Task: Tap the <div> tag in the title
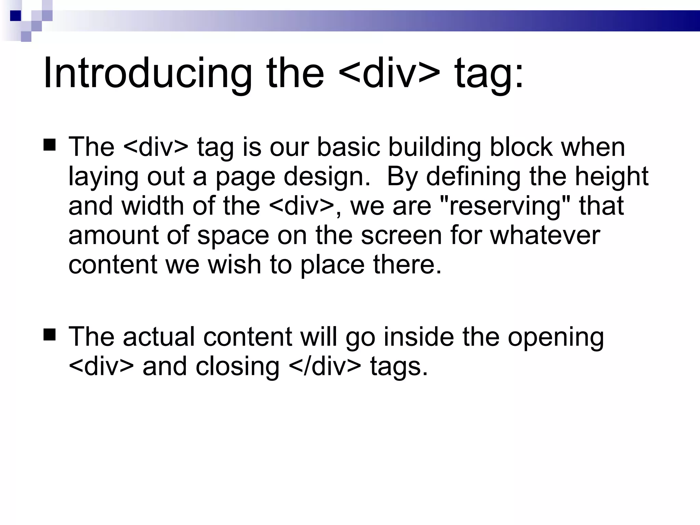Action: [390, 73]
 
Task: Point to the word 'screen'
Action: [402, 236]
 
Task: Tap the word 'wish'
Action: [234, 265]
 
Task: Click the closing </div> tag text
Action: [325, 367]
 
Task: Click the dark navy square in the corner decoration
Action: [15, 16]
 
